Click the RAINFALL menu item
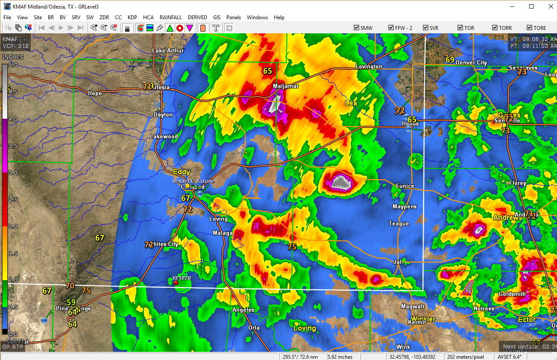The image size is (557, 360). [x=170, y=18]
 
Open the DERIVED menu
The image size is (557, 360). [x=197, y=18]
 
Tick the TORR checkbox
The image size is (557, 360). [x=495, y=28]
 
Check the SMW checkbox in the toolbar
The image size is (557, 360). [x=357, y=28]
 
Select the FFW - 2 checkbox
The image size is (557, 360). [x=391, y=28]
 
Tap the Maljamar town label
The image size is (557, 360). [x=286, y=86]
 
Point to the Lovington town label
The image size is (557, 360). [x=369, y=67]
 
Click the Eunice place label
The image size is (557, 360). [x=405, y=186]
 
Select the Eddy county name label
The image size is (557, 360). [x=181, y=172]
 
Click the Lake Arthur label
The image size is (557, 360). [x=168, y=51]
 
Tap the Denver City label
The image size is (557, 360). [x=471, y=63]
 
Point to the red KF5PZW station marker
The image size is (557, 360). [x=176, y=283]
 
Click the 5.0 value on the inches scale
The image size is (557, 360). [x=13, y=65]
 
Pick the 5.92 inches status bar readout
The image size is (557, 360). [x=340, y=357]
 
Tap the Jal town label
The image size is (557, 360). [x=398, y=262]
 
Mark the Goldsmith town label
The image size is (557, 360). [x=512, y=294]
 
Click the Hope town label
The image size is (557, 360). [x=95, y=94]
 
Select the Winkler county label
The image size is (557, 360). [x=423, y=319]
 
